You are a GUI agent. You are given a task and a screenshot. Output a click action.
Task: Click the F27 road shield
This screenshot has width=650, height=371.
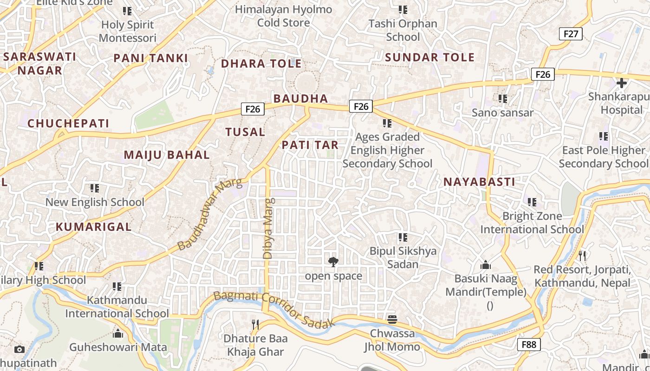tap(571, 33)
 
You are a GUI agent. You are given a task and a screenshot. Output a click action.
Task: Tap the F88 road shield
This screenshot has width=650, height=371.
tap(529, 344)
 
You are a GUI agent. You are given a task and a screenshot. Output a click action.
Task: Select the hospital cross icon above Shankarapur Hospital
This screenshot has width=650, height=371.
tap(621, 83)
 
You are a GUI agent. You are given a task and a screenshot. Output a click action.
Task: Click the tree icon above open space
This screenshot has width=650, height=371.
tap(333, 262)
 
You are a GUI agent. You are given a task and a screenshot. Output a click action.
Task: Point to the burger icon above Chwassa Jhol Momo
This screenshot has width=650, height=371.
tap(392, 319)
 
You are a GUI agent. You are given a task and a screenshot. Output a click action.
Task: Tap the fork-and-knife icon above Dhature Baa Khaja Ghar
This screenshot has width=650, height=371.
tap(255, 324)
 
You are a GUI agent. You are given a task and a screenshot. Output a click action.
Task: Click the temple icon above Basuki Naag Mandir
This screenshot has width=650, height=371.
tap(486, 265)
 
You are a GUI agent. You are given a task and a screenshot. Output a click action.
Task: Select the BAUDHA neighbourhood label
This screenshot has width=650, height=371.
tap(301, 98)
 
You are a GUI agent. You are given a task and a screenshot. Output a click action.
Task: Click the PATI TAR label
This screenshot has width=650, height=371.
tap(310, 145)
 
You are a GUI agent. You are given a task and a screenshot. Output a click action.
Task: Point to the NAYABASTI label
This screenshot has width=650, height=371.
tap(479, 182)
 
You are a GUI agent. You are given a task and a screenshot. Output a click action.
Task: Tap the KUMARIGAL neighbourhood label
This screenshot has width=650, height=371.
tap(94, 227)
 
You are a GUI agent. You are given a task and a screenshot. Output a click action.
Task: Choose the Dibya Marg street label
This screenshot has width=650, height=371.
tap(268, 228)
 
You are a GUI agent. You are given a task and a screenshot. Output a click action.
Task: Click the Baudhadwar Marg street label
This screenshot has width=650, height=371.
tap(210, 214)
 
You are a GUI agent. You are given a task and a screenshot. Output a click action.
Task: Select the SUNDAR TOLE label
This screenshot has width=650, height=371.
tap(430, 58)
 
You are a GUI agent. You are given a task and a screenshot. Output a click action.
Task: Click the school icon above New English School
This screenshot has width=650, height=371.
tap(95, 188)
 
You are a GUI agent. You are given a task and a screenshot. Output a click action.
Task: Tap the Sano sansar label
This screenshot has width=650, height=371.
tap(503, 112)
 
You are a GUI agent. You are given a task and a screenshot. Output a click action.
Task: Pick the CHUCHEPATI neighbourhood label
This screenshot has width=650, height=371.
tap(68, 123)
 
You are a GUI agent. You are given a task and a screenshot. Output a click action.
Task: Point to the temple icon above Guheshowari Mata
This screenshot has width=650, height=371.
tap(118, 333)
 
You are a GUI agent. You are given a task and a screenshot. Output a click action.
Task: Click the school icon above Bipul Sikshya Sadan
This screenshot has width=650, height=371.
tap(403, 237)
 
